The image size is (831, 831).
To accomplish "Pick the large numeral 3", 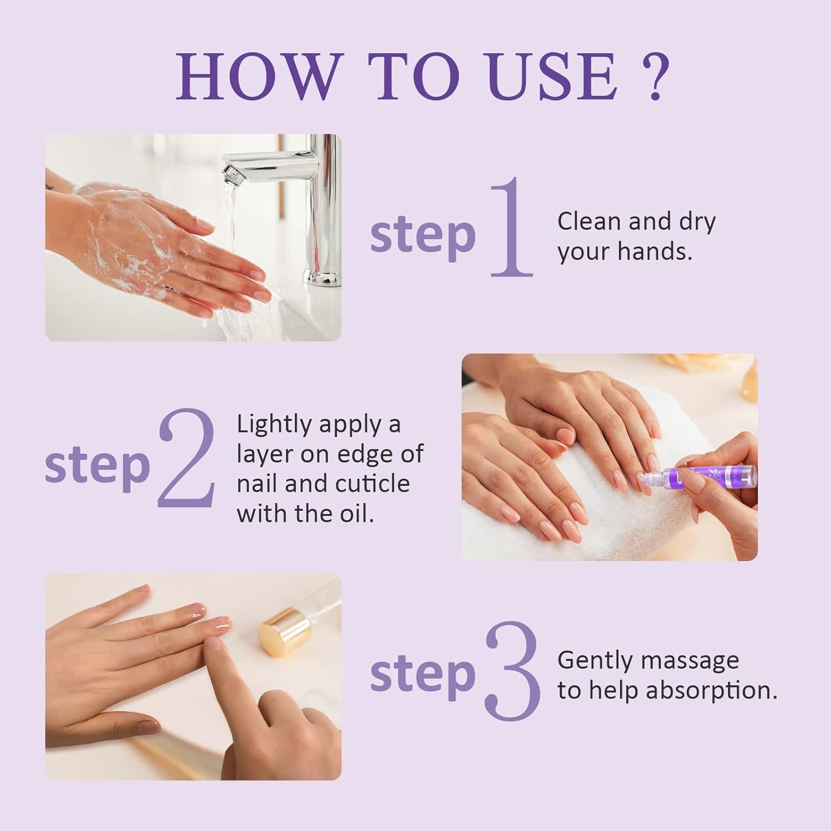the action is coord(512,671).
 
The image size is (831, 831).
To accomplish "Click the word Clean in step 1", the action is coord(589,222).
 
